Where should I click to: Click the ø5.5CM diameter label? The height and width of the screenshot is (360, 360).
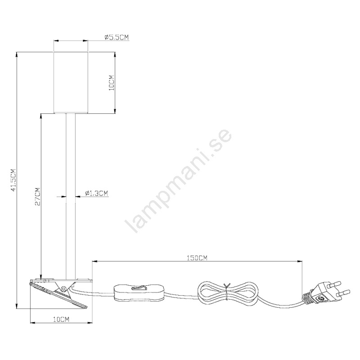pos(117,37)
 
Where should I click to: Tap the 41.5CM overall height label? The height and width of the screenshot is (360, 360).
pos(13,180)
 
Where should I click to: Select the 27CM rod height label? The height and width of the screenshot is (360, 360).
pos(37,197)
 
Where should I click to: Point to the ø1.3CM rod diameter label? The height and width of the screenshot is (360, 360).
pos(96,193)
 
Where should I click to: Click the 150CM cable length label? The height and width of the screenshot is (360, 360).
pos(197,258)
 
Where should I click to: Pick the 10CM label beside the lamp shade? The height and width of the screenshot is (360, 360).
pos(112,83)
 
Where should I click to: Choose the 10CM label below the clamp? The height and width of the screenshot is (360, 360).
pos(61,319)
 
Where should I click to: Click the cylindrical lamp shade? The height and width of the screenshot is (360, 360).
pos(71,83)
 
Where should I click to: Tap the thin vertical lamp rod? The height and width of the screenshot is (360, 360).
pos(71,196)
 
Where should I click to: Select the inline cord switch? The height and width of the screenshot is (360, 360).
pos(139,293)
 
